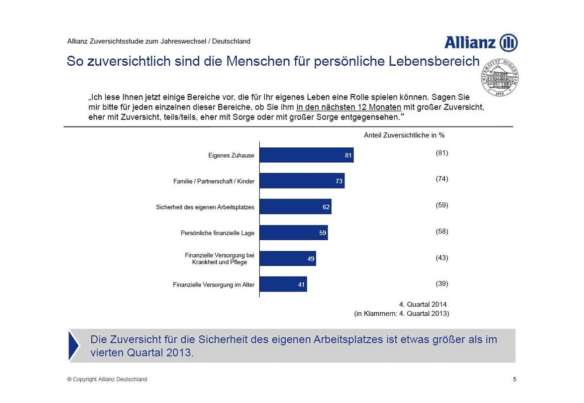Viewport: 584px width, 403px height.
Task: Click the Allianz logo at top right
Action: (481, 43)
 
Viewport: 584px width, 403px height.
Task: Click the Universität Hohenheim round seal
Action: (499, 77)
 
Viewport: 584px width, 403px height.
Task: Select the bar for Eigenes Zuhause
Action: (307, 155)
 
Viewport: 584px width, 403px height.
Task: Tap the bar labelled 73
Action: (302, 181)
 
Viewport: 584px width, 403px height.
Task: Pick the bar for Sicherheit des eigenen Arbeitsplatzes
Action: (295, 207)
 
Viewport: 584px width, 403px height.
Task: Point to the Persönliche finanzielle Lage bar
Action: (293, 233)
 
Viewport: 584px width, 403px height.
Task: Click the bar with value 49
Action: (287, 259)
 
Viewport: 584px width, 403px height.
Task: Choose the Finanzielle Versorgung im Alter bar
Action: (283, 284)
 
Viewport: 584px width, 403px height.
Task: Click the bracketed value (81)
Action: (442, 153)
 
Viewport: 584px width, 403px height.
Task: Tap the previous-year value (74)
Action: (442, 179)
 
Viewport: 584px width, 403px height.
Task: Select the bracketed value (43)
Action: (442, 258)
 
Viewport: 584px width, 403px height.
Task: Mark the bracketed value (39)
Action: (442, 284)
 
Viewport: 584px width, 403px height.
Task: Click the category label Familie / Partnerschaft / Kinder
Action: (214, 182)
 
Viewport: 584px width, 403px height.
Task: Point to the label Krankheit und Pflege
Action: (219, 262)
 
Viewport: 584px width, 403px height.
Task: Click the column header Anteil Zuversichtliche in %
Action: (404, 135)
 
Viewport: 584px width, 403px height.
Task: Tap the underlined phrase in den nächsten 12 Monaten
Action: (349, 108)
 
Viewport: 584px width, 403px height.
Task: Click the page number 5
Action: (515, 379)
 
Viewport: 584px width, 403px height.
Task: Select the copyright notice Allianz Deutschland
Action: (107, 380)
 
